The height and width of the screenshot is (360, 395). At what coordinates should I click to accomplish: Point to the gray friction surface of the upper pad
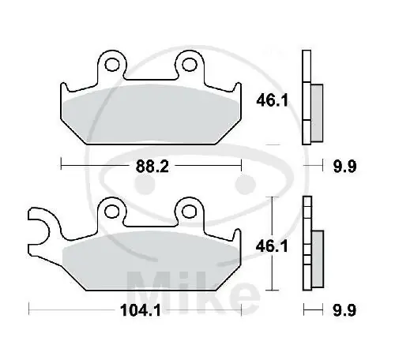150,111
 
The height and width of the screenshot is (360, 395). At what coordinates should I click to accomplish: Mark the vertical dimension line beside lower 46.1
273,245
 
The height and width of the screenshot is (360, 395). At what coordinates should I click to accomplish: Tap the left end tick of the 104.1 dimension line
29,309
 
